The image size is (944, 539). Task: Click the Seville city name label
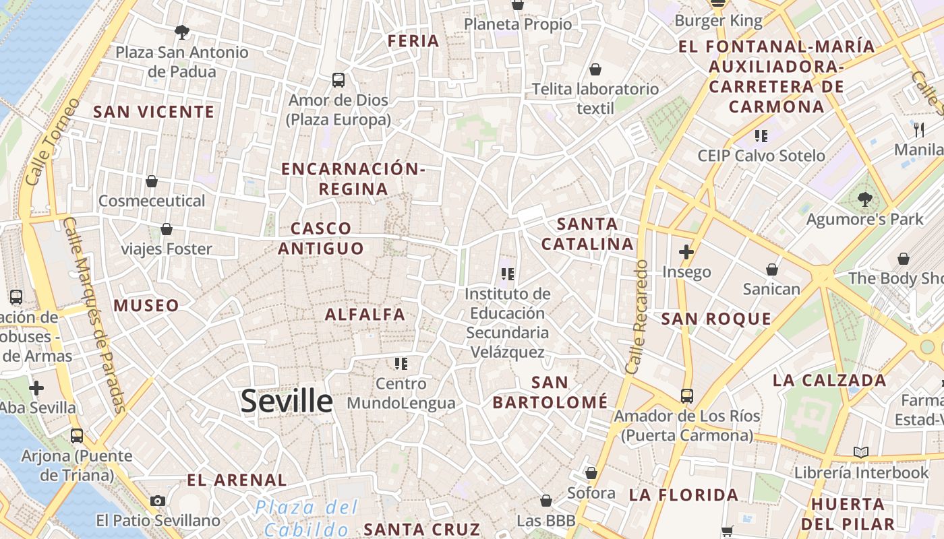tap(287, 402)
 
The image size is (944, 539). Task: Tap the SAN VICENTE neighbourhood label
tap(154, 112)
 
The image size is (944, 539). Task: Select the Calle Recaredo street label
tap(637, 317)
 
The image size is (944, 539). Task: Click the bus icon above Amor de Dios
tap(338, 80)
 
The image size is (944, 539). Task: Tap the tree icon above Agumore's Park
tap(864, 199)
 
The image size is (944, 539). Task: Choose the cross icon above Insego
tap(686, 253)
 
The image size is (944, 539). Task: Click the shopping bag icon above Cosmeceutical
tap(152, 181)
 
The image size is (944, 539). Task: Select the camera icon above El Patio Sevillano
tap(158, 501)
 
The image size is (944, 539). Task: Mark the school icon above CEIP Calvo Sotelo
tap(761, 136)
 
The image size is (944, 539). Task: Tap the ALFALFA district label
tap(365, 315)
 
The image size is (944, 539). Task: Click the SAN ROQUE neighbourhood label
tap(716, 319)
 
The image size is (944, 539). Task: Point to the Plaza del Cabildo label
tap(307, 517)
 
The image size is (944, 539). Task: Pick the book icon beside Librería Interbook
tap(860, 452)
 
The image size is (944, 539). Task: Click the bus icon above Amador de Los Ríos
tap(686, 396)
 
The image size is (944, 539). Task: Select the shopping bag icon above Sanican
tap(772, 269)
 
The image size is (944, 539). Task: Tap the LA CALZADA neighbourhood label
tap(829, 381)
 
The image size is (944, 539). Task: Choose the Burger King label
tap(719, 21)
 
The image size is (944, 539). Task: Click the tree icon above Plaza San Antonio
tap(181, 32)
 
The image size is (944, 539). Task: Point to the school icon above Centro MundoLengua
tap(401, 364)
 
